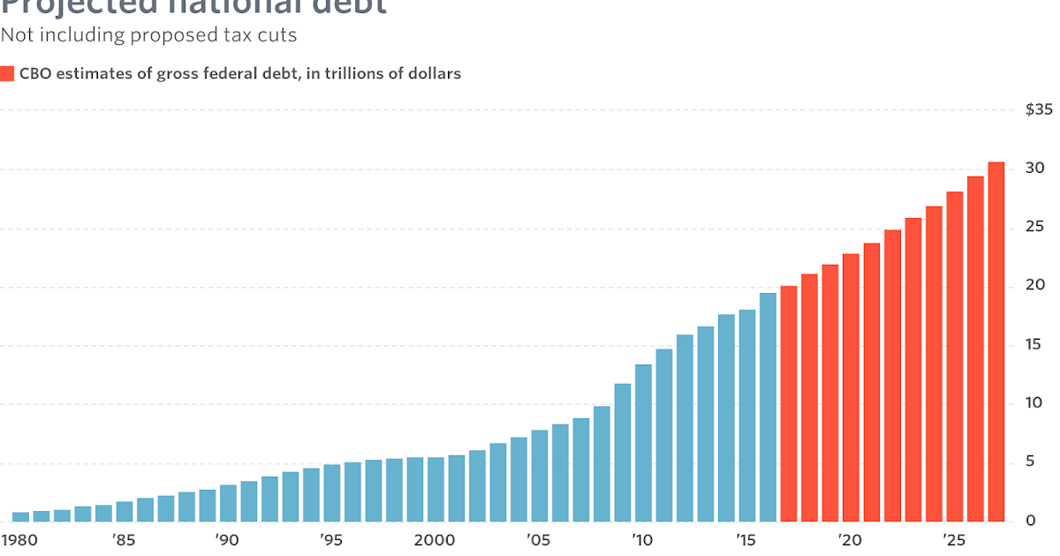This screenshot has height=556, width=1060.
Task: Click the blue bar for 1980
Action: pyautogui.click(x=20, y=516)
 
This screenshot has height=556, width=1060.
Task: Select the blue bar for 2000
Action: pyautogui.click(x=435, y=489)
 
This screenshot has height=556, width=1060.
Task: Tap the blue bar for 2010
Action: pyautogui.click(x=643, y=442)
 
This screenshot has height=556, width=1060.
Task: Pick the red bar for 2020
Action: pyautogui.click(x=851, y=387)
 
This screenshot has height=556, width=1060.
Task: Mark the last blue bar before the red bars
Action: pyautogui.click(x=768, y=407)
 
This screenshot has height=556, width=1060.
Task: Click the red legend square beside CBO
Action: pyautogui.click(x=7, y=74)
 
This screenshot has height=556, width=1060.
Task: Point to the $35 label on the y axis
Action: pyautogui.click(x=1039, y=110)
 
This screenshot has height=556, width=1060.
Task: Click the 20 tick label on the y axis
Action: pyautogui.click(x=1034, y=286)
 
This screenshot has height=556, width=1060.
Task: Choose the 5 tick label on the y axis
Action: pyautogui.click(x=1029, y=462)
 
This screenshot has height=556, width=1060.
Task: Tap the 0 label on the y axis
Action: pyautogui.click(x=1029, y=521)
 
